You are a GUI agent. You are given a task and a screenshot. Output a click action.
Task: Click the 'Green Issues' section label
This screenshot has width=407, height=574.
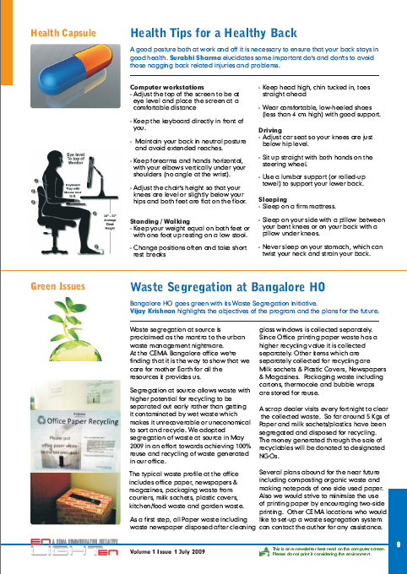click(x=57, y=286)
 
